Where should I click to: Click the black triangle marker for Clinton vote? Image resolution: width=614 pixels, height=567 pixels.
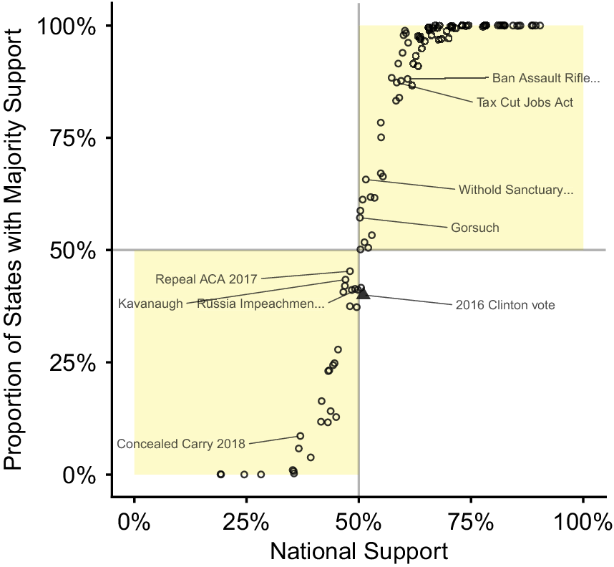(x=364, y=294)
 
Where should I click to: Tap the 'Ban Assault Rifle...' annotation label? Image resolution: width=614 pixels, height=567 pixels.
(x=546, y=78)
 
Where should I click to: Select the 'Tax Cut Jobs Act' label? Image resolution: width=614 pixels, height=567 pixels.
(x=525, y=102)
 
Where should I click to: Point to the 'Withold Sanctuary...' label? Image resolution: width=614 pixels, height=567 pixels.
(x=516, y=190)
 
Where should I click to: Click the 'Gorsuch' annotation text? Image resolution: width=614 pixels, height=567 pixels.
(x=475, y=228)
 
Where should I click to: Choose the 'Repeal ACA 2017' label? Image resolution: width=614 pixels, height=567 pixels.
(x=206, y=279)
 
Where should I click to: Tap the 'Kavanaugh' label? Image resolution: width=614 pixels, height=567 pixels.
(x=150, y=304)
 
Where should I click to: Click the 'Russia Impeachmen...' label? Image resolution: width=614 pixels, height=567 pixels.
(x=260, y=304)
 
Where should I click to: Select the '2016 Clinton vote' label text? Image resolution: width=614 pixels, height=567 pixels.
(x=505, y=305)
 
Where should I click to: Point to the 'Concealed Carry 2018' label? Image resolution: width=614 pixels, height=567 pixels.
(x=181, y=444)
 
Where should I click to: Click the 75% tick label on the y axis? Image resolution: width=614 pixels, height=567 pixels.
(x=73, y=138)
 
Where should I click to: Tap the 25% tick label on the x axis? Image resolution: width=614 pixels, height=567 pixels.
(x=246, y=523)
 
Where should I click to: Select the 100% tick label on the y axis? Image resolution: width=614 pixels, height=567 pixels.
(x=67, y=26)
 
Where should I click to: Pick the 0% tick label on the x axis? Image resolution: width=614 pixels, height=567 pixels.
(x=134, y=523)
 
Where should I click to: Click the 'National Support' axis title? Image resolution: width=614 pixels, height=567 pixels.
(x=359, y=551)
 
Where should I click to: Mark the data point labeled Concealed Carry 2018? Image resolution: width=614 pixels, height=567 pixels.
(x=301, y=436)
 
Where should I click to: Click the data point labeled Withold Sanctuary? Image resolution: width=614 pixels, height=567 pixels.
(x=366, y=180)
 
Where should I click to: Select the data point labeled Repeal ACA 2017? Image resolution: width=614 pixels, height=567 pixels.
(x=350, y=271)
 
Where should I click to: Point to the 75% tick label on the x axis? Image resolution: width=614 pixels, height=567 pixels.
(x=471, y=523)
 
